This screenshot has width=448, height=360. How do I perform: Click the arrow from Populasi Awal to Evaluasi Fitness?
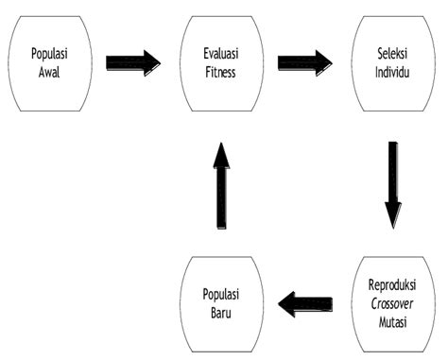click(x=132, y=63)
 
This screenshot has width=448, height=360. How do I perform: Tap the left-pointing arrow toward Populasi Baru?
click(x=305, y=304)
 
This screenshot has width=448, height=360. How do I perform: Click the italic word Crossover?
click(x=390, y=300)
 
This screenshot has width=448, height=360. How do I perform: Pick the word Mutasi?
click(x=390, y=317)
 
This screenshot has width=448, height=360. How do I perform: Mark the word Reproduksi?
click(x=390, y=284)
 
